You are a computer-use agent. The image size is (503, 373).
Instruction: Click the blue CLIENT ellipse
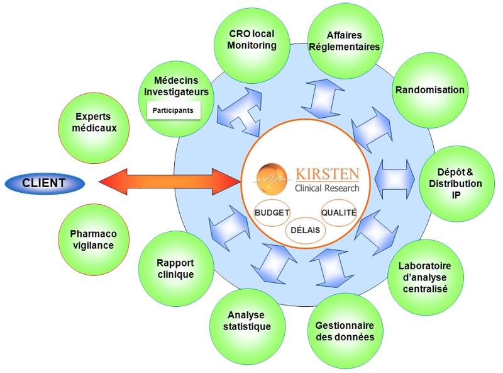pyautogui.click(x=44, y=183)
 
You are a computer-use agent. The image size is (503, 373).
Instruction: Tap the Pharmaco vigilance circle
pyautogui.click(x=92, y=239)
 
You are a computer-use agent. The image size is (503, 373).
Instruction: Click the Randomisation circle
pyautogui.click(x=429, y=89)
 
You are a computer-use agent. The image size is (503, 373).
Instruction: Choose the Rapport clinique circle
pyautogui.click(x=175, y=268)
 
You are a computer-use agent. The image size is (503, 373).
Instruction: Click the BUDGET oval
pyautogui.click(x=272, y=212)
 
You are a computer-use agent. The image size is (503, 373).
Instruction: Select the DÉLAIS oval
pyautogui.click(x=306, y=229)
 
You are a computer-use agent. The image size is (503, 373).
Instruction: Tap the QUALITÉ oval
pyautogui.click(x=339, y=212)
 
